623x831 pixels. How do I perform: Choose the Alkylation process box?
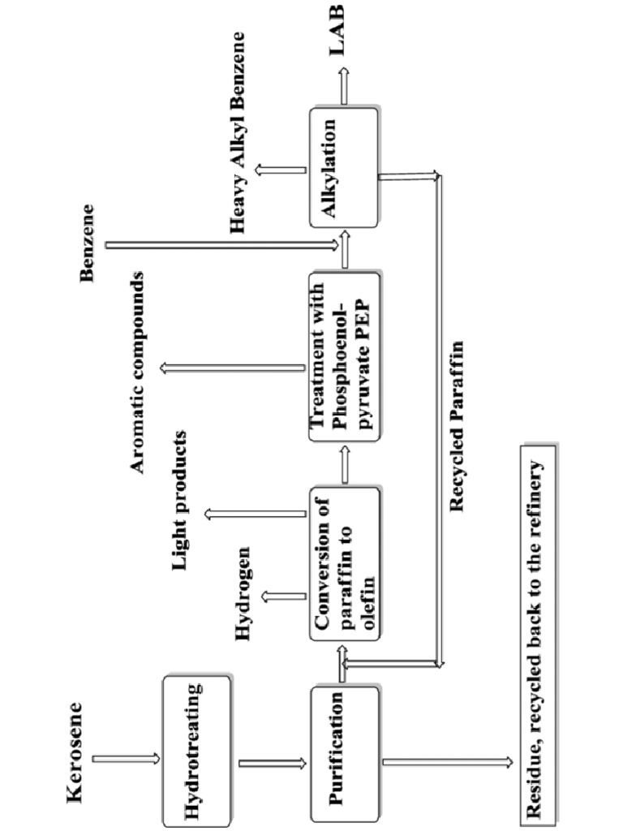tap(344, 166)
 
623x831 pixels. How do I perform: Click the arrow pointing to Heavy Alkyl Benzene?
tap(279, 170)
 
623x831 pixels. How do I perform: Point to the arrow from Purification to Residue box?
tap(446, 762)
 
